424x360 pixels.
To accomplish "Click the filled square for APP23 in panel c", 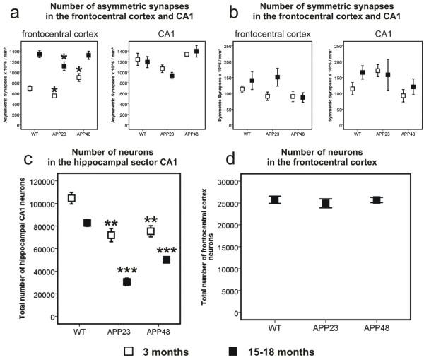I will [x=126, y=281].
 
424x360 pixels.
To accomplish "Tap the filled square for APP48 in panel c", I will [x=166, y=260].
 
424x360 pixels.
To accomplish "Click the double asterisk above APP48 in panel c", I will [x=151, y=221].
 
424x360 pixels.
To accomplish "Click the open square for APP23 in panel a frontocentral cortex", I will [x=54, y=95].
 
